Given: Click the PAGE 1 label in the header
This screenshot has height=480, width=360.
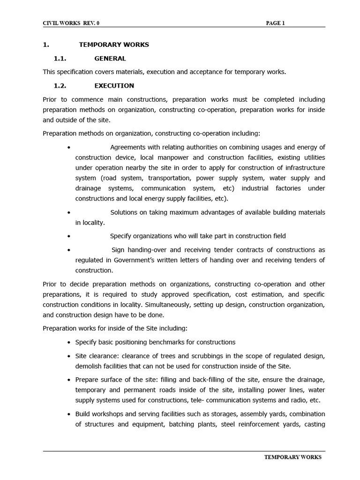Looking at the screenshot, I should tap(276, 23).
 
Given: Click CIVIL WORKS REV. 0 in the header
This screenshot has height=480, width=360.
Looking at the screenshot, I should tap(71, 23).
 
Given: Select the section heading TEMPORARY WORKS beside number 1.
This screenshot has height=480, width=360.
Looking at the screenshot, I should tap(114, 45).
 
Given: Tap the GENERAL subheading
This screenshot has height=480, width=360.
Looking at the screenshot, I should tap(110, 59).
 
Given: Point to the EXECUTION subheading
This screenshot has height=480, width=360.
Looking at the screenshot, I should tap(114, 86).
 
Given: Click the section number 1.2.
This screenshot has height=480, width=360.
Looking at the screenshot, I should tap(60, 86).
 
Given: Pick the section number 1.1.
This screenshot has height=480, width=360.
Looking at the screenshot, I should tap(60, 59).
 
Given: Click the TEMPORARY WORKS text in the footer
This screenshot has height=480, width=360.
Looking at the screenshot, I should tap(293, 457).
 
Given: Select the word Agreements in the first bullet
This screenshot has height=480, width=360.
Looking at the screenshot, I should tap(128, 147).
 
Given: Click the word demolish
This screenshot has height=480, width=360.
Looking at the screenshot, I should tap(89, 366).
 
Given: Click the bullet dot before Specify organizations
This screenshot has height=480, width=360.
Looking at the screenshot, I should tap(69, 236).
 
